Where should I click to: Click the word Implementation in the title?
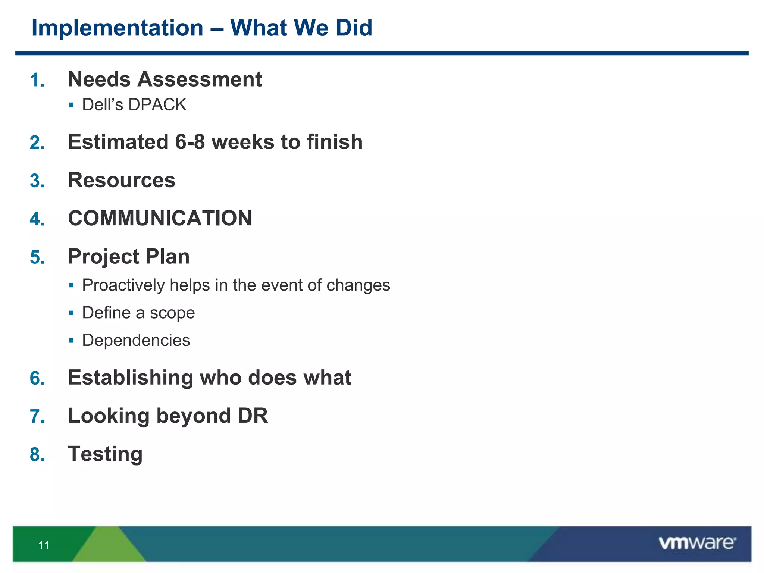pyautogui.click(x=117, y=28)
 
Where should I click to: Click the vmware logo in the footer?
pyautogui.click(x=697, y=543)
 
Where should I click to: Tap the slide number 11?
pyautogui.click(x=44, y=545)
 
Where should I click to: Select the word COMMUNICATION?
pyautogui.click(x=160, y=218)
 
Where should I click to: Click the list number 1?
pyautogui.click(x=37, y=80)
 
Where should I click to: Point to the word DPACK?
pyautogui.click(x=157, y=105)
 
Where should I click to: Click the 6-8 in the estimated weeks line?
pyautogui.click(x=190, y=142)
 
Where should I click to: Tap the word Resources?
pyautogui.click(x=122, y=180)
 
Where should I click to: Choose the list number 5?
pyautogui.click(x=37, y=257)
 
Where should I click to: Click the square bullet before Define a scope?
pyautogui.click(x=71, y=313)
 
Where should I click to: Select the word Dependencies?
pyautogui.click(x=136, y=340)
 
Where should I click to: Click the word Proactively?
pyautogui.click(x=123, y=285)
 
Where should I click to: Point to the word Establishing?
pyautogui.click(x=130, y=378)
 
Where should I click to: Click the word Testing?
pyautogui.click(x=105, y=454)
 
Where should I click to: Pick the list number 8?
pyautogui.click(x=37, y=455)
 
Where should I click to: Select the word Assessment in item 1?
pyautogui.click(x=200, y=79)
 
